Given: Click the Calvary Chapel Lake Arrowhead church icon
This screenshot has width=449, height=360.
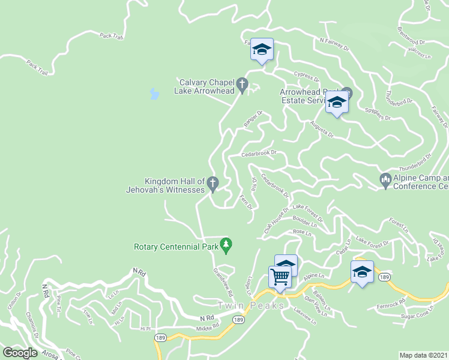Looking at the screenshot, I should point(243,85).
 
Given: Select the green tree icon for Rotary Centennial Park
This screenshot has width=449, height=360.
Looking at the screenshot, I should point(226,244).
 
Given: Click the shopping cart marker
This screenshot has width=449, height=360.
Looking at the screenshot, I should point(280,278).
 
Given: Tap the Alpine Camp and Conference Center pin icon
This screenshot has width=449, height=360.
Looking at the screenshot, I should point(385,179).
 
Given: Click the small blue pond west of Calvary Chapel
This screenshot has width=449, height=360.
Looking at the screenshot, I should point(154,94).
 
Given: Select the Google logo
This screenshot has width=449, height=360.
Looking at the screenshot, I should point(20,353).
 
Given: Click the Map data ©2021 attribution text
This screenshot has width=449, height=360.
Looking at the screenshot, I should point(424,355).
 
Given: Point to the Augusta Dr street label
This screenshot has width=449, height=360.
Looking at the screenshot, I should point(322,128).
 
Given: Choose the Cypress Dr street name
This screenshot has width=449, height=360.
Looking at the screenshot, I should point(306,77).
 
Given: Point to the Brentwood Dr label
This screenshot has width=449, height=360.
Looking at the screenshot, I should point(411,35).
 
